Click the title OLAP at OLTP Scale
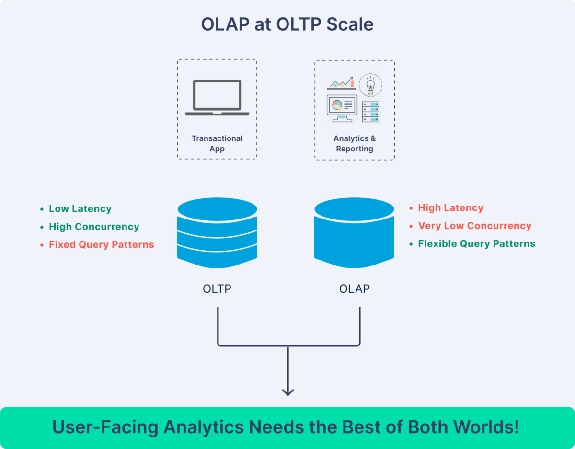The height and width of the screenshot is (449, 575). pos(287,24)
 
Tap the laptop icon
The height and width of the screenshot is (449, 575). pos(217,98)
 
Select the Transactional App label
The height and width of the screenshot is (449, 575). pos(217,143)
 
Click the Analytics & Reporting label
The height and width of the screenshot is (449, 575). pos(355,143)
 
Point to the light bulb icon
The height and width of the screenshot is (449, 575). pos(370,85)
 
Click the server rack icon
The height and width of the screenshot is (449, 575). pos(370,111)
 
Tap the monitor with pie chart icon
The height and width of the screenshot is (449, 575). pos(342,108)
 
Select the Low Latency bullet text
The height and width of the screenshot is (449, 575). pos(80,209)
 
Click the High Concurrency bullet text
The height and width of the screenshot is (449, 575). pos(94,227)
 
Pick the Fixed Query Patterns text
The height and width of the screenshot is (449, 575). pos(102,244)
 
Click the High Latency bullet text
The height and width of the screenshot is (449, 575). pos(450,208)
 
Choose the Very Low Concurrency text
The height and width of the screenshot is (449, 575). pos(474,226)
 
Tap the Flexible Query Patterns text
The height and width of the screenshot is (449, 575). pos(476,243)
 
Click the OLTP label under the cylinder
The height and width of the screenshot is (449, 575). pos(217,289)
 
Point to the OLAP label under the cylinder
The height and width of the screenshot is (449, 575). pos(355,289)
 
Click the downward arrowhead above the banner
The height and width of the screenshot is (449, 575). pos(287,391)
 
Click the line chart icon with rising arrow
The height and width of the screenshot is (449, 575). pos(341,82)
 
